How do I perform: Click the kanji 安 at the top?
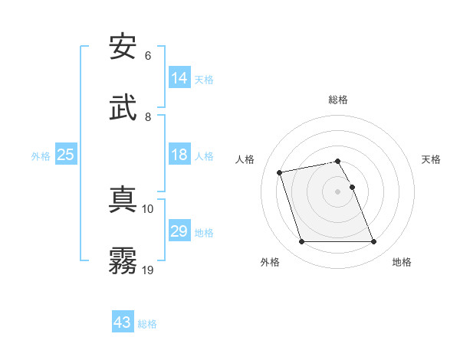click(x=123, y=47)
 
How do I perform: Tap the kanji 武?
click(x=123, y=107)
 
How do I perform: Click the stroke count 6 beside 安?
click(x=148, y=56)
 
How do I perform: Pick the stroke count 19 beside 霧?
click(x=148, y=270)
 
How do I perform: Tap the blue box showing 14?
click(x=179, y=78)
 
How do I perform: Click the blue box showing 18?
click(x=179, y=155)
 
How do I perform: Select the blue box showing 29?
click(x=179, y=231)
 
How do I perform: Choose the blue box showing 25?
click(x=66, y=155)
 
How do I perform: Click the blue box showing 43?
click(x=123, y=322)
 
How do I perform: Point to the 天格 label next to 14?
click(x=204, y=80)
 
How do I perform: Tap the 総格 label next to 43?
click(x=147, y=324)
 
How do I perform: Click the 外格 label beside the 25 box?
click(x=41, y=156)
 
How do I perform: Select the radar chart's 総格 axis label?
click(x=338, y=100)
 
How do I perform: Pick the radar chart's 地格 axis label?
click(x=402, y=262)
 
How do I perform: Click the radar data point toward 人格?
click(x=280, y=172)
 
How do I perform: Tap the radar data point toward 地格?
click(x=373, y=242)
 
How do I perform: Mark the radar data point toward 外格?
click(x=301, y=242)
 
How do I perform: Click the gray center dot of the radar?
click(x=338, y=191)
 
